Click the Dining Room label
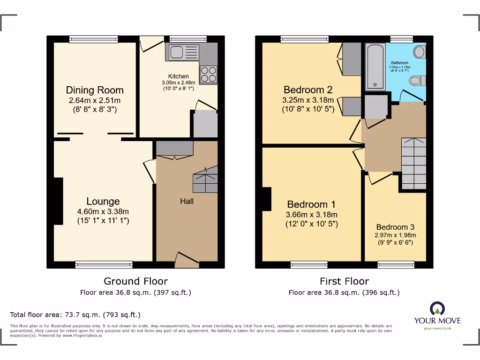94,90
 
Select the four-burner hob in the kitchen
209,75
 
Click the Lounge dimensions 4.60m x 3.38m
103,211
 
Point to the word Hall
187,201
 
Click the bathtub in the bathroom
375,66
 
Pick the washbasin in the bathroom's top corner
419,52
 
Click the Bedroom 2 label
307,90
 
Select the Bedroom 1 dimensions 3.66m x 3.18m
312,215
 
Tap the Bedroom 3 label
395,227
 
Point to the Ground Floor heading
135,281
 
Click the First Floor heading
344,281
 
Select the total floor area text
75,315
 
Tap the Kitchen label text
179,76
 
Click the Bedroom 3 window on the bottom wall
396,265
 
